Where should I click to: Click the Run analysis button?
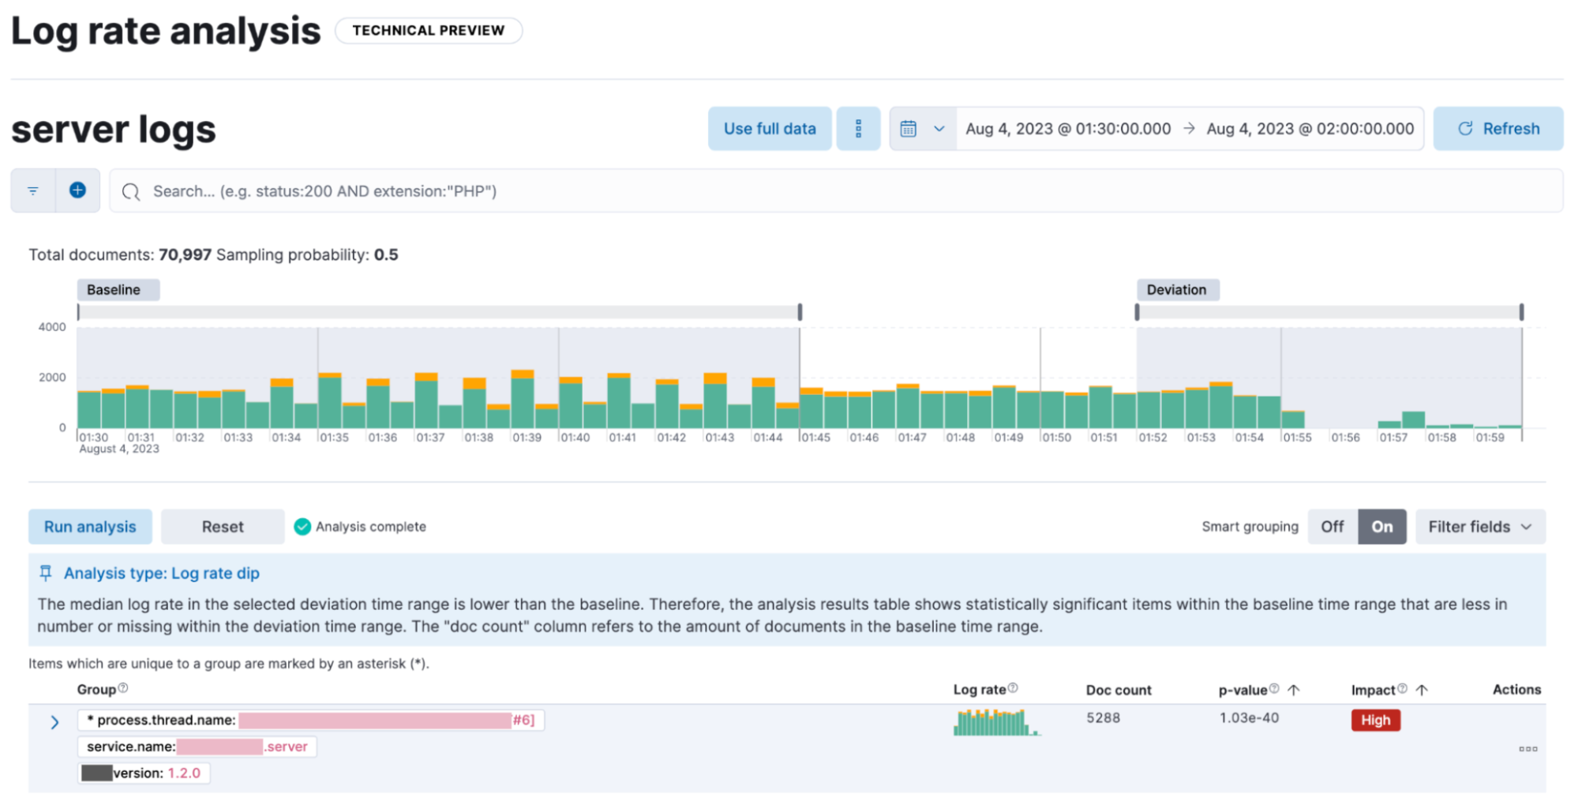point(90,527)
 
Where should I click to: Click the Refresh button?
point(1497,129)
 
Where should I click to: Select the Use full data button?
point(770,129)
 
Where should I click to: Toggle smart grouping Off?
point(1332,527)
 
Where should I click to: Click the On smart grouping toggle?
point(1381,527)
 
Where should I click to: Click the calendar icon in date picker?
point(909,129)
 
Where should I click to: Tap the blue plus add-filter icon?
point(77,190)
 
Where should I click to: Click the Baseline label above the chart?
point(114,290)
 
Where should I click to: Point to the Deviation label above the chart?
point(1176,290)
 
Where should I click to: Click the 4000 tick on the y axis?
point(52,327)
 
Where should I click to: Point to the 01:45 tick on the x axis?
point(815,438)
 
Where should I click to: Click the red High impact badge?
point(1375,720)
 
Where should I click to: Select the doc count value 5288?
point(1103,718)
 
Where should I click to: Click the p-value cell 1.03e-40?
point(1249,718)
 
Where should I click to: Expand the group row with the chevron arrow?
point(54,722)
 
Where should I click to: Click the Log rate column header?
point(980,690)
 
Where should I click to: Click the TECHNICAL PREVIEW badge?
point(428,31)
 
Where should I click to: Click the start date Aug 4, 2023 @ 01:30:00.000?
point(1068,129)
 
